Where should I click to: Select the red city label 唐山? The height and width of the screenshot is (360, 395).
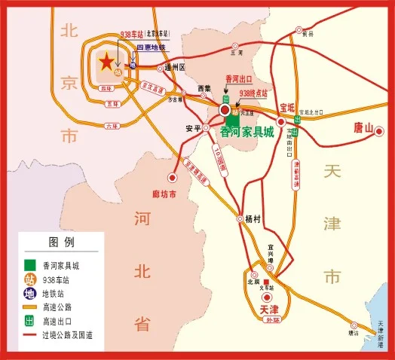(364, 129)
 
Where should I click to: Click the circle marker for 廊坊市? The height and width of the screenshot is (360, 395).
(173, 178)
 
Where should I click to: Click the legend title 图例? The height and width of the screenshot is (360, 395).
(61, 243)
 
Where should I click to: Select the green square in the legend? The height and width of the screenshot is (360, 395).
(29, 266)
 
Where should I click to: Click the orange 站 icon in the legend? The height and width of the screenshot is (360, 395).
(29, 279)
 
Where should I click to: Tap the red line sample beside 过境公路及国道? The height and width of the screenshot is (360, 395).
(29, 334)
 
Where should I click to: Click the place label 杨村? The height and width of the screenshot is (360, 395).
(253, 219)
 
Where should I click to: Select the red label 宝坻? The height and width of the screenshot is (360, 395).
(288, 108)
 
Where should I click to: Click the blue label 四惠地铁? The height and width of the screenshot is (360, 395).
(150, 47)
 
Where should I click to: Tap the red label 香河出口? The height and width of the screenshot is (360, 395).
(239, 78)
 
